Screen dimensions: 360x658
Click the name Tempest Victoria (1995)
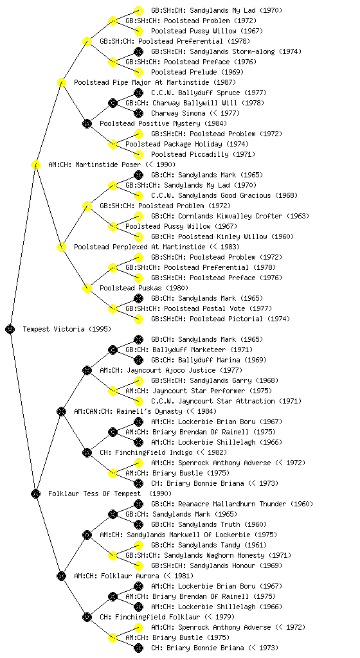coord(67,329)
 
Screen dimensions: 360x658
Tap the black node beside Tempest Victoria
coord(10,329)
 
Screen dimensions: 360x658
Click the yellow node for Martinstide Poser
coord(35,164)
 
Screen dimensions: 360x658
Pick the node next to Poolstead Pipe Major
coord(61,82)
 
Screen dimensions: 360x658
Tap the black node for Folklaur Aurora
coord(61,576)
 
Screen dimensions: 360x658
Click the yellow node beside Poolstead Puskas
coord(87,288)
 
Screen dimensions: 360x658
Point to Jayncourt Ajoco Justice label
coord(171,370)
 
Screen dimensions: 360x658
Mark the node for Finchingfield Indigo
coord(87,452)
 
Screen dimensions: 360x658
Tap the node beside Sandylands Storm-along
coord(138,51)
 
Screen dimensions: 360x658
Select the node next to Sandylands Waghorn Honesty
coord(113,555)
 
